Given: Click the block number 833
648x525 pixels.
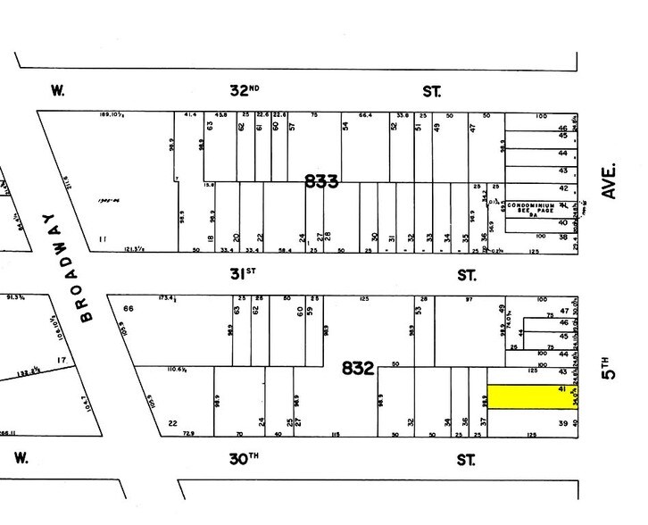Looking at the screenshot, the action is [321, 181].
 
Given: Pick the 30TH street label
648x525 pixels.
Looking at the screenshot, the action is [245, 458].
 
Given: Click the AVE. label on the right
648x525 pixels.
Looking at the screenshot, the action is [612, 179].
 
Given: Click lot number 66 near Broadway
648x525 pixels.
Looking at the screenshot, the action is [128, 309].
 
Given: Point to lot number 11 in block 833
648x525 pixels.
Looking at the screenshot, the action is [104, 239].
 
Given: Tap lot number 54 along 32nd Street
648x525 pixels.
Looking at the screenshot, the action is [345, 127].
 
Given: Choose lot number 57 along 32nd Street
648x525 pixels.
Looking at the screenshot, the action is [291, 127].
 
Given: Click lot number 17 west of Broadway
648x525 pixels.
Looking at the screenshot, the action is [61, 361].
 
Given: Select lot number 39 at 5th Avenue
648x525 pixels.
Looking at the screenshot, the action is [563, 423].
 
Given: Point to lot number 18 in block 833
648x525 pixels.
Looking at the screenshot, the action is [211, 239].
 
